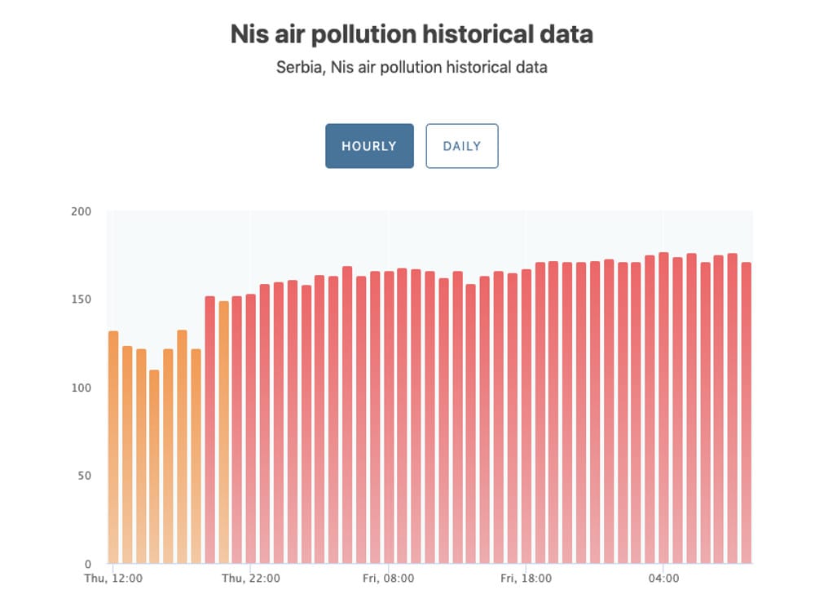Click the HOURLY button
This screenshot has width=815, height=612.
(369, 146)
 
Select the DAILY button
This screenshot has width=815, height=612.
(462, 146)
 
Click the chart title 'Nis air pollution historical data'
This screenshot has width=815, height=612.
(412, 35)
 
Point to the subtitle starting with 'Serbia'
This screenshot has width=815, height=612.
(412, 67)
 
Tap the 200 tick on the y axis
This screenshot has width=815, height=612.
(82, 212)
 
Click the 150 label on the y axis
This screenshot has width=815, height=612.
(82, 299)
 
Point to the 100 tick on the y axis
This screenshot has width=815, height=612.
(82, 388)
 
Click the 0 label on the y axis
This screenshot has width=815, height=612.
(88, 564)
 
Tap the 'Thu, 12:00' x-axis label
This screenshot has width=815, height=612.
(114, 579)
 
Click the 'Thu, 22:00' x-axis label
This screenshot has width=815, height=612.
(251, 579)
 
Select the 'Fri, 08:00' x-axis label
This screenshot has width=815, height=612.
(389, 579)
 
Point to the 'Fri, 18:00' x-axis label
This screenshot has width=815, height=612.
(526, 579)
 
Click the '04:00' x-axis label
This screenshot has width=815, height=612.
(663, 579)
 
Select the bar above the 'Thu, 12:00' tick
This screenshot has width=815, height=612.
(113, 449)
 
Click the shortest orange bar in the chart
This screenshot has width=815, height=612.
(154, 465)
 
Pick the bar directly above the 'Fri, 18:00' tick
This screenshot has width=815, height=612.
(526, 416)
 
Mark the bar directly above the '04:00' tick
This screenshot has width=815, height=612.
(663, 408)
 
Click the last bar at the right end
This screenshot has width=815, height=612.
(745, 412)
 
